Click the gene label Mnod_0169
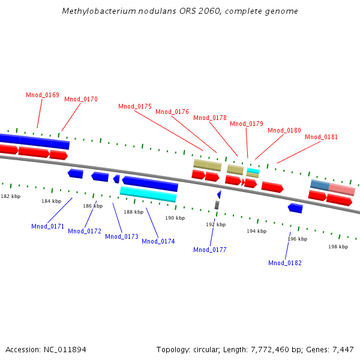click(x=43, y=95)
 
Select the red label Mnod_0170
click(x=81, y=99)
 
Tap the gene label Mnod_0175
click(x=135, y=106)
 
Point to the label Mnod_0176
click(x=172, y=112)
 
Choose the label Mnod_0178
click(x=210, y=118)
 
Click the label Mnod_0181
click(x=321, y=137)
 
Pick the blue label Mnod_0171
click(x=48, y=226)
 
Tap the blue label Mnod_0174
click(x=158, y=241)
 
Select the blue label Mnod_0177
click(x=210, y=250)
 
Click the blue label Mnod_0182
click(x=285, y=263)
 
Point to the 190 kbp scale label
click(x=175, y=218)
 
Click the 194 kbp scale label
click(x=256, y=231)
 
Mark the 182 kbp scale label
click(x=10, y=196)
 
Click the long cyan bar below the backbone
click(x=148, y=194)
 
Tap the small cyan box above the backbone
click(x=253, y=171)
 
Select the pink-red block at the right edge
click(x=342, y=189)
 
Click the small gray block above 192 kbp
click(x=217, y=205)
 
